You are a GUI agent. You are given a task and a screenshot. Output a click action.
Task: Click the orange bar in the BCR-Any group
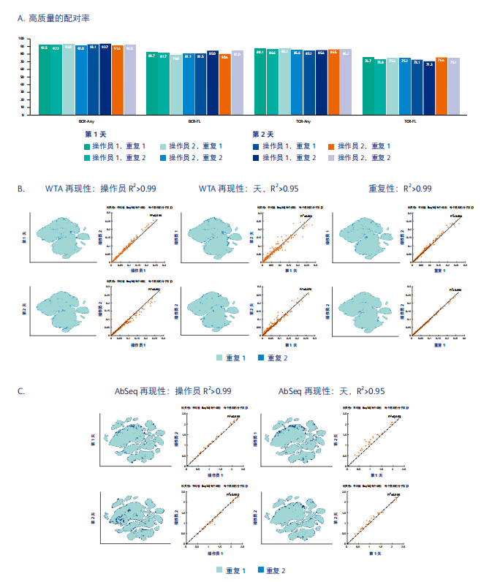pos(118,79)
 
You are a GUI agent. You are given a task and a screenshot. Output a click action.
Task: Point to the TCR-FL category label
pos(411,121)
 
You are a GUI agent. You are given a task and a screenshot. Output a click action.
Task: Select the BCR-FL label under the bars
pos(195,121)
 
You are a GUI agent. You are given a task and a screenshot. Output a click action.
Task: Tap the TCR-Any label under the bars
pos(303,121)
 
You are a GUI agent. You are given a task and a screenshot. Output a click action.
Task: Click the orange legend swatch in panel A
pos(333,146)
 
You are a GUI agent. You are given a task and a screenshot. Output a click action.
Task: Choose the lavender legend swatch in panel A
pos(333,157)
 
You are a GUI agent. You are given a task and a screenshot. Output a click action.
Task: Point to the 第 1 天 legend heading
pos(96,135)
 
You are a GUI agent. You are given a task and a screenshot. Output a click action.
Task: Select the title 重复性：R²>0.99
pos(405,189)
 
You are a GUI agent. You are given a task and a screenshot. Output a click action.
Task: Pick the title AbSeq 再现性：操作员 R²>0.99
pos(173,391)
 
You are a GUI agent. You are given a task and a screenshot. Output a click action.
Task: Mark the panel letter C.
pos(20,391)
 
